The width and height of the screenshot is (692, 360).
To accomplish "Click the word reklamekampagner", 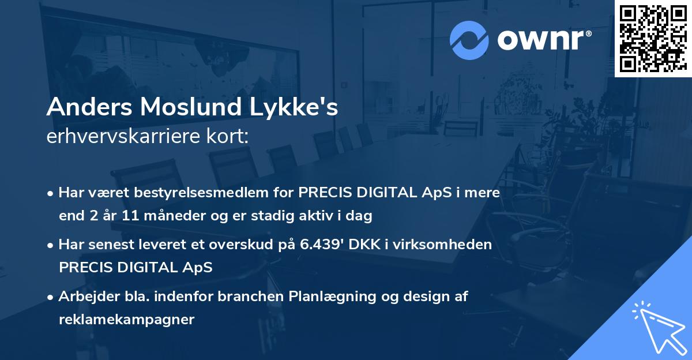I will tap(127, 320).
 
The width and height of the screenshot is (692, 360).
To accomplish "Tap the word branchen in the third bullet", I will tap(244, 297).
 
